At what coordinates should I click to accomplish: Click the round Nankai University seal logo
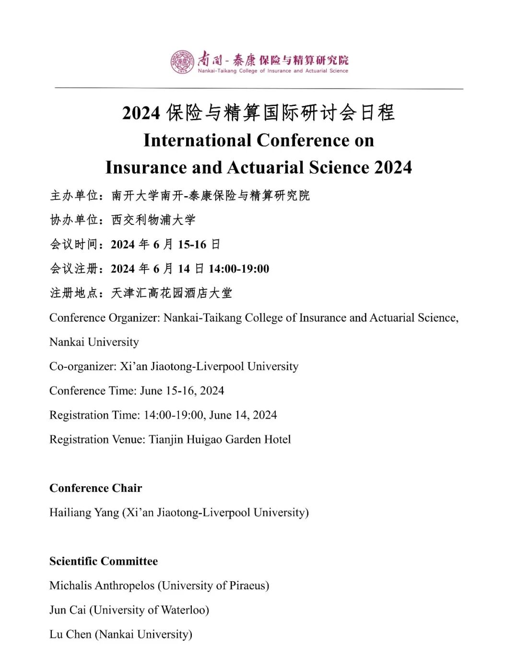[x=182, y=62]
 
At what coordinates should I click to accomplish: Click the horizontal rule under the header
[x=259, y=88]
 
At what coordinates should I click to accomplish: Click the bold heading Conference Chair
[x=96, y=488]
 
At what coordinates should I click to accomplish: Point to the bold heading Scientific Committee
[x=104, y=561]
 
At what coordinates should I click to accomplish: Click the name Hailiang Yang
[x=84, y=513]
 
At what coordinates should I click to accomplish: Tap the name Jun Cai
[x=68, y=610]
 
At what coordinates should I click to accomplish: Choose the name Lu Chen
[x=71, y=634]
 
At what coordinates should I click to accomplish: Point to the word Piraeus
[x=247, y=585]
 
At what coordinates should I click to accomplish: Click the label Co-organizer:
[x=83, y=367]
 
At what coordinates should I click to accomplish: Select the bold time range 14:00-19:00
[x=239, y=269]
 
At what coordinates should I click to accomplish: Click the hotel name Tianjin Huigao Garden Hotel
[x=220, y=440]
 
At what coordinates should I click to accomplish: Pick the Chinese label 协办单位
[x=74, y=220]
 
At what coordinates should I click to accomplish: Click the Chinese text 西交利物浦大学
[x=153, y=220]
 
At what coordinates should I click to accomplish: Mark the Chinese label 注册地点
[x=74, y=293]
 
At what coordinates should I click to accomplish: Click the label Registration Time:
[x=94, y=415]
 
